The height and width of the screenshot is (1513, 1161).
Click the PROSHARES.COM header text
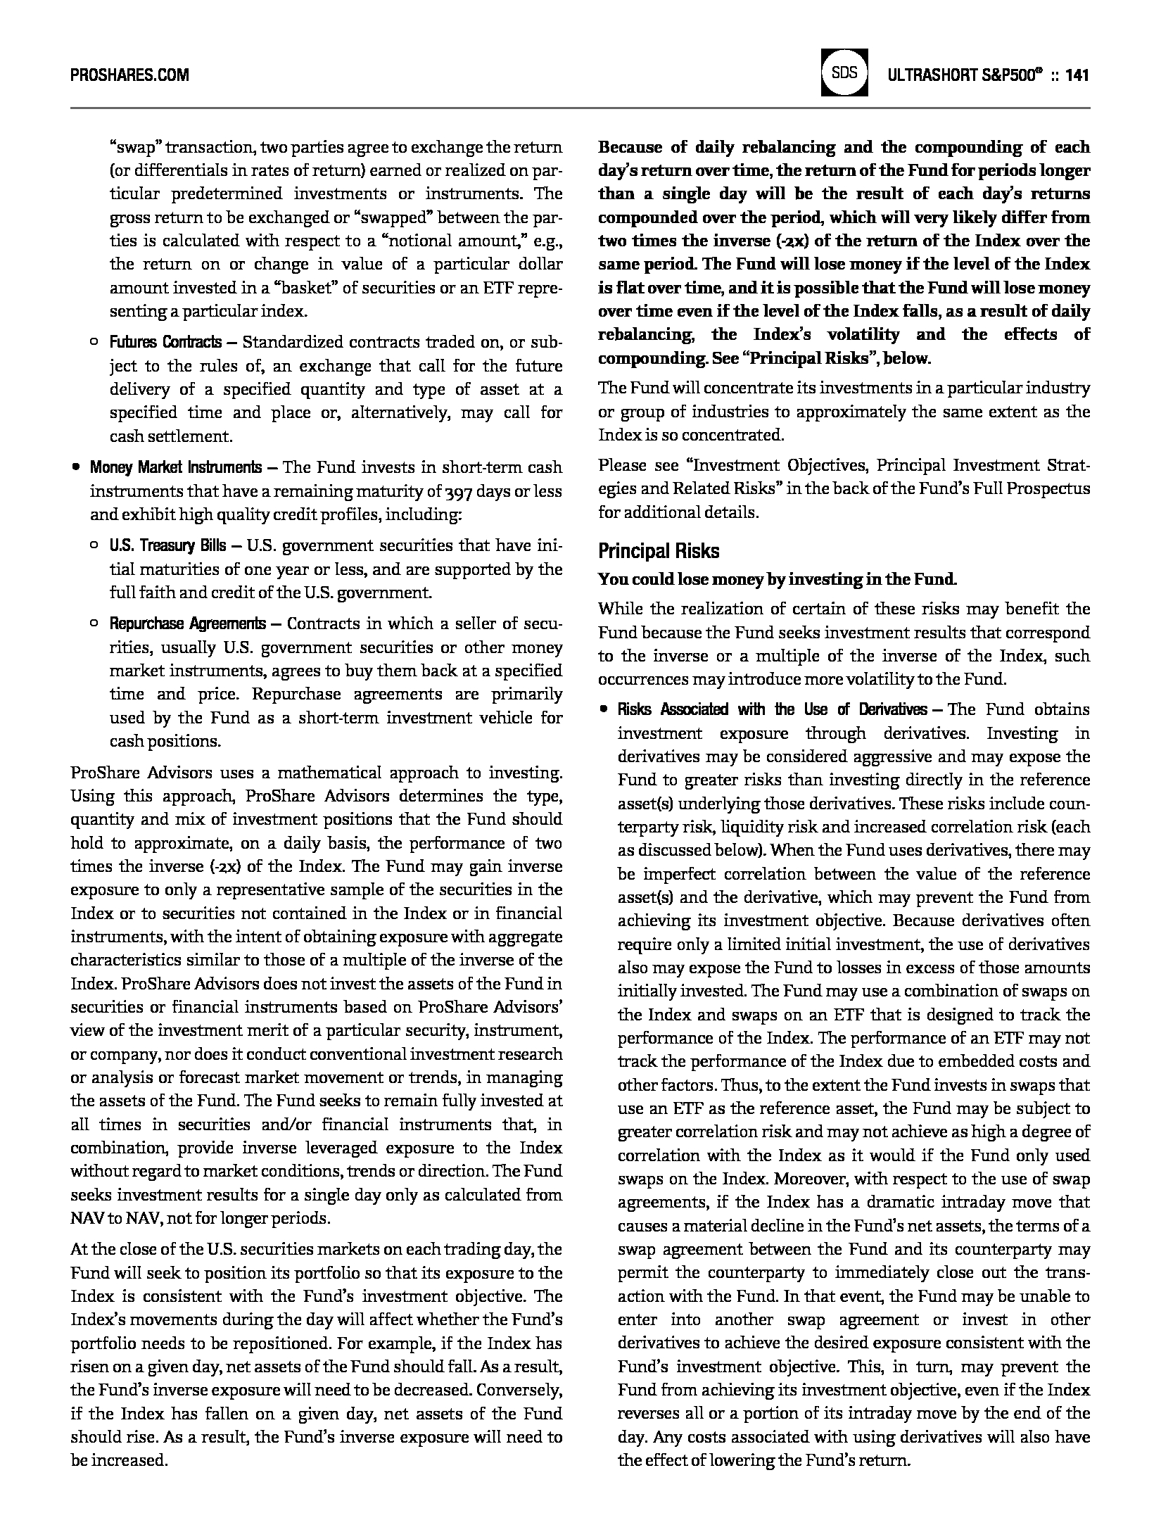(x=129, y=75)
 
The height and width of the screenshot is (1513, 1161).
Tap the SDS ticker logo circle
(x=844, y=73)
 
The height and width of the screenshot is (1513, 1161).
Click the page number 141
(x=1078, y=75)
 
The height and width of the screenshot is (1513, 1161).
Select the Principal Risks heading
(x=659, y=551)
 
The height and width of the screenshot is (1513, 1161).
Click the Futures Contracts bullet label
(x=165, y=343)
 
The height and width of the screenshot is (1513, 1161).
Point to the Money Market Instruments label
(x=175, y=467)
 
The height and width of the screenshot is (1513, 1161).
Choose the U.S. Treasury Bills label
(x=167, y=545)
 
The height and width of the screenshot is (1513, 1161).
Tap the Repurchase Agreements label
(x=187, y=623)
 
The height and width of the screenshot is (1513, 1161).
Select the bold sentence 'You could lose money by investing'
(x=777, y=579)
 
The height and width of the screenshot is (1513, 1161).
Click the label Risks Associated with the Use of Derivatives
(x=772, y=709)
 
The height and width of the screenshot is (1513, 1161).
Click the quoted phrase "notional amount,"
(x=507, y=241)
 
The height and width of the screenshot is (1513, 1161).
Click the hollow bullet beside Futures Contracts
(x=94, y=343)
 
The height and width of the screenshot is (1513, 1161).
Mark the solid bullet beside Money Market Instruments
(x=75, y=467)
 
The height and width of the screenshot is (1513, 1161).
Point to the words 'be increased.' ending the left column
(x=119, y=1460)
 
